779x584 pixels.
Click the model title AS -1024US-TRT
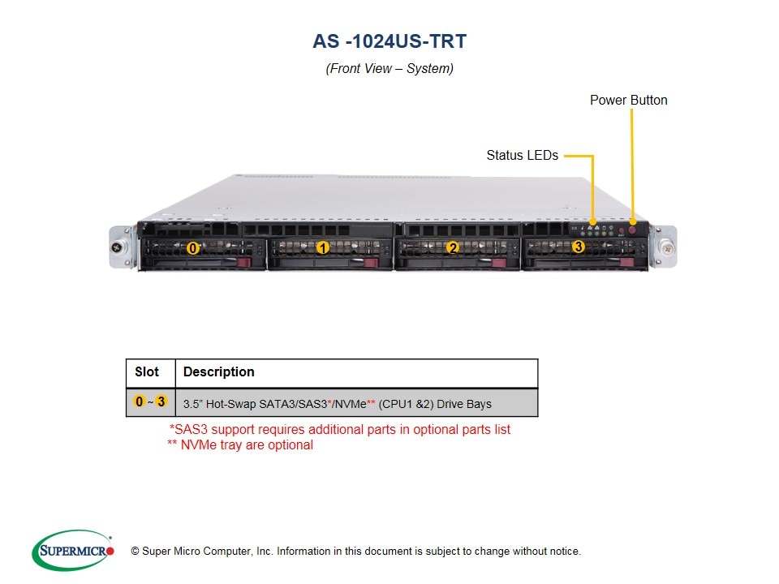click(389, 41)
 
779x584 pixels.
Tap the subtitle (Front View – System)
click(389, 69)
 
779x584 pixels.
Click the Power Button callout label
click(628, 101)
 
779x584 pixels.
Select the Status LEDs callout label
click(522, 155)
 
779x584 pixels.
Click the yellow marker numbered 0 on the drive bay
click(192, 248)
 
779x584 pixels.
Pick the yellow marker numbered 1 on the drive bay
click(322, 248)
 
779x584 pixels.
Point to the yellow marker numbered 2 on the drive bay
click(453, 248)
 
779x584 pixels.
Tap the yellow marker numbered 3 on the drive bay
click(578, 246)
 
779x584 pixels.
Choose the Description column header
click(218, 372)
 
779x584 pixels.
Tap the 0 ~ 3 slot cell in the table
click(150, 401)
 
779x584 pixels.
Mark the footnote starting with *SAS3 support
click(339, 430)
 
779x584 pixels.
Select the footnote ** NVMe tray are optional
click(239, 444)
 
